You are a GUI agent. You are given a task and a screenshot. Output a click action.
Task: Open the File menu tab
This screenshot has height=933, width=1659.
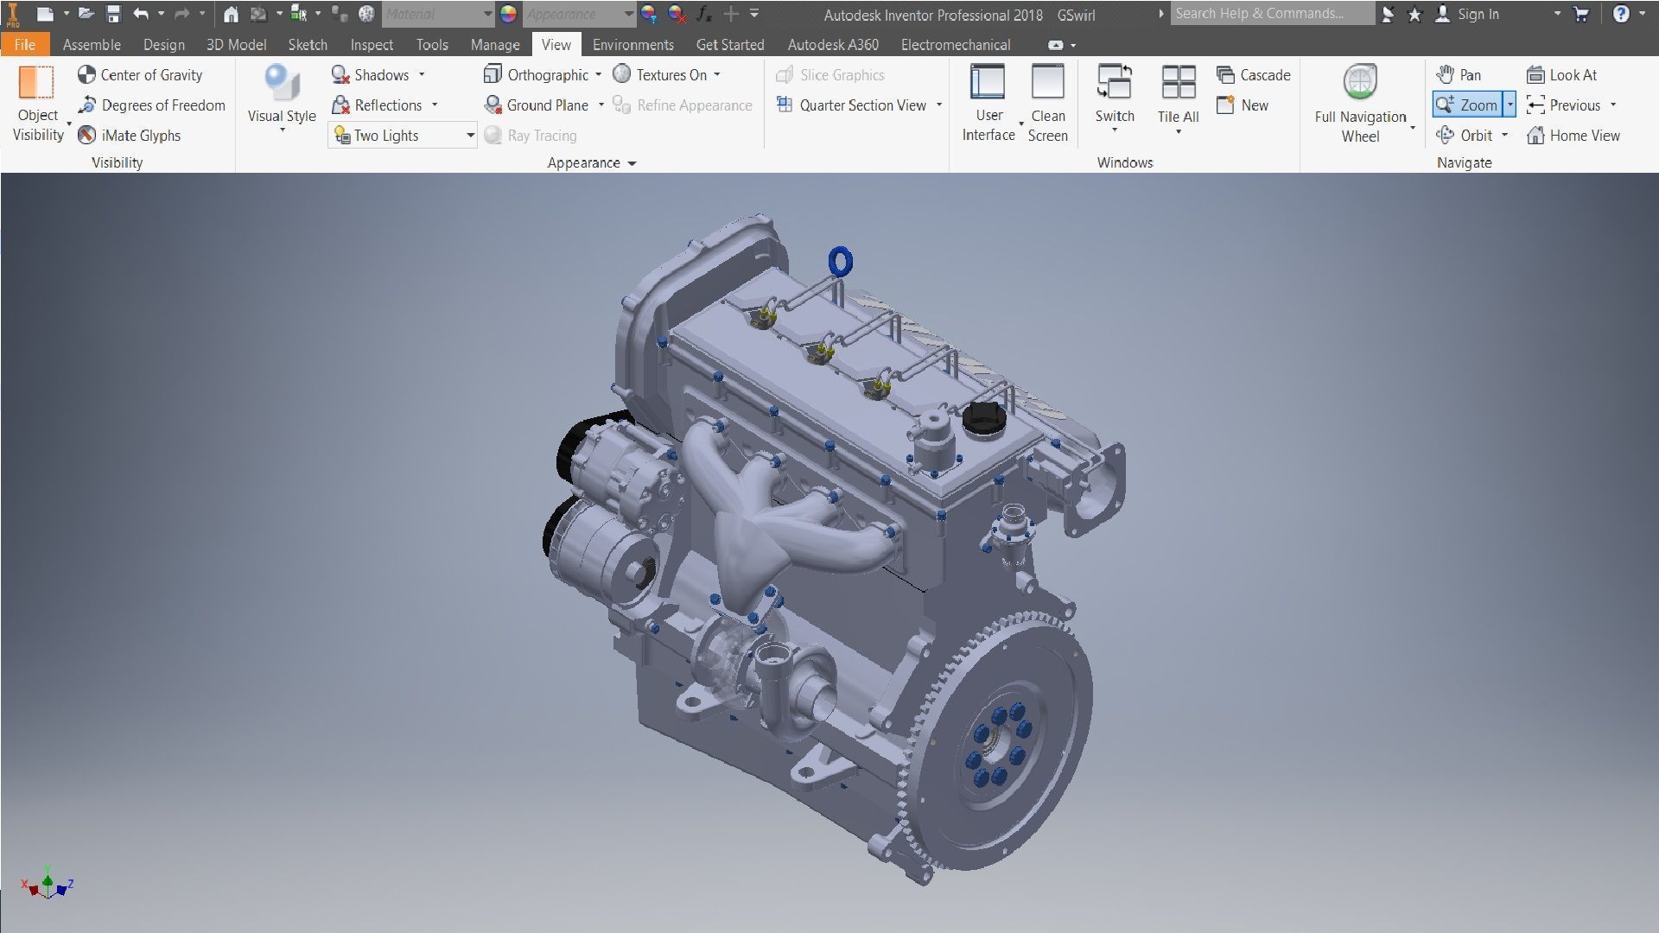24,45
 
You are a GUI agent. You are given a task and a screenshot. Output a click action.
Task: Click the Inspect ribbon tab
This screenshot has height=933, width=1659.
372,45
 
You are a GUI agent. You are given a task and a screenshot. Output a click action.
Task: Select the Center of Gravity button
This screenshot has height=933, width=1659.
141,75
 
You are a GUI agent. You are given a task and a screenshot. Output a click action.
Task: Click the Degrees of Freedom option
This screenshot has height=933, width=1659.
152,105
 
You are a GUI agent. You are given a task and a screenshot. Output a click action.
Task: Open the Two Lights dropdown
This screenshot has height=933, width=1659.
470,136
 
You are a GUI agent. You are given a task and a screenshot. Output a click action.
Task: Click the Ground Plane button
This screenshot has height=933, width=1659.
537,105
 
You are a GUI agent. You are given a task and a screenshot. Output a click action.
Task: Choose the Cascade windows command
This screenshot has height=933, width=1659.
1254,75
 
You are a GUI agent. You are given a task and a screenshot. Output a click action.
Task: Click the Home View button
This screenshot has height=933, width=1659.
1573,136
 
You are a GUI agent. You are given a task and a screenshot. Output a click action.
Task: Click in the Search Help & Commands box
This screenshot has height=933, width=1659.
1270,14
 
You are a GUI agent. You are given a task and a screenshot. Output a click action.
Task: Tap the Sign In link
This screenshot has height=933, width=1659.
1478,14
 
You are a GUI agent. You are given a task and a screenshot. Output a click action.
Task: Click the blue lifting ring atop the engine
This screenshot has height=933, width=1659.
840,261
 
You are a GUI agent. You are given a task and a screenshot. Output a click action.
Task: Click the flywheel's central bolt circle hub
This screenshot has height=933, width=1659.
999,746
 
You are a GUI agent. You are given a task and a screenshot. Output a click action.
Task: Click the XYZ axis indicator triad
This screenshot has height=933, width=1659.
48,885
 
